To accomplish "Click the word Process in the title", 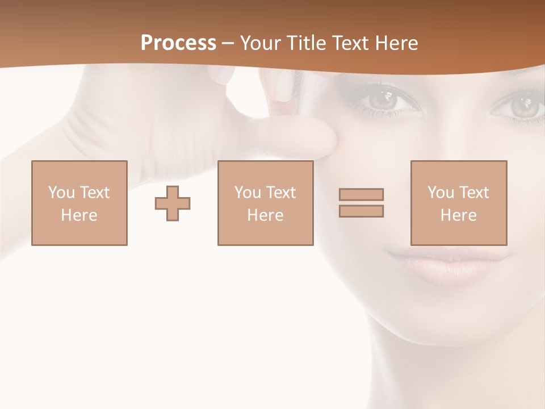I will tap(178, 43).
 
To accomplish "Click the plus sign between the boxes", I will tap(173, 203).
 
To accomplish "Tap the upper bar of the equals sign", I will tap(361, 194).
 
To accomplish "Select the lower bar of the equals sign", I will tap(361, 211).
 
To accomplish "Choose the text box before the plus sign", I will tap(79, 203).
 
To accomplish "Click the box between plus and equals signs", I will tap(265, 203).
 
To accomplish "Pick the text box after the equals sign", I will tap(459, 203).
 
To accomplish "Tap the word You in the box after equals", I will tap(441, 193).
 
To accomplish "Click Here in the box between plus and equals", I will tap(265, 215).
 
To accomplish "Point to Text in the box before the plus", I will tap(94, 193).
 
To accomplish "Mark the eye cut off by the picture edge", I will tap(525, 106).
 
